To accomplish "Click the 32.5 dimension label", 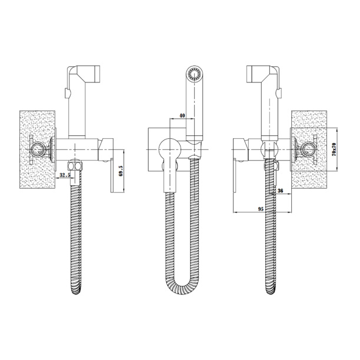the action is coord(65,175).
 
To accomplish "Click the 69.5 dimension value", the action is coord(121,171).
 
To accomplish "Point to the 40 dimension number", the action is coord(182,115).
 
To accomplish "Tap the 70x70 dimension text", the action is coord(334,149).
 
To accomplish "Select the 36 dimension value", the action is coord(281,191).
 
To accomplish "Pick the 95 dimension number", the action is coord(261,209).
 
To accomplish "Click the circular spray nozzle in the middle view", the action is coord(195,74).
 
